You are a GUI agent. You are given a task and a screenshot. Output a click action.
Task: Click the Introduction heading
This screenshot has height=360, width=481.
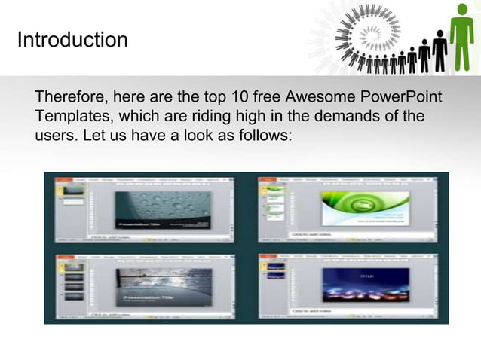(x=72, y=39)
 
